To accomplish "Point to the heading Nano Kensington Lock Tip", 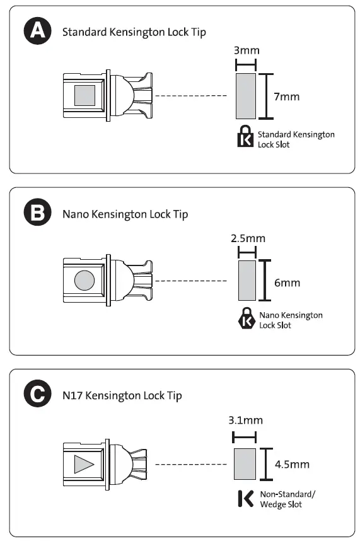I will pos(125,214).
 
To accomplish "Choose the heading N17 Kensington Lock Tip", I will pos(122,396).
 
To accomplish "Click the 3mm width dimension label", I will pos(246,50).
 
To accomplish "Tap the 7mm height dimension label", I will pos(287,96).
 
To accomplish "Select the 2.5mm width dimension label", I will pos(247,238).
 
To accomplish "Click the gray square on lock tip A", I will pos(85,96).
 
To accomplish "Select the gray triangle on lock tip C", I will pos(83,465).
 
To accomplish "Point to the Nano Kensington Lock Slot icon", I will pos(247,320).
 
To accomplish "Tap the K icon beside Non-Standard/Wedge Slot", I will pos(245,499).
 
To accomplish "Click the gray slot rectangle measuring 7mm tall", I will pos(245,96).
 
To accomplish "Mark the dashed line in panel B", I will pos(190,281).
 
